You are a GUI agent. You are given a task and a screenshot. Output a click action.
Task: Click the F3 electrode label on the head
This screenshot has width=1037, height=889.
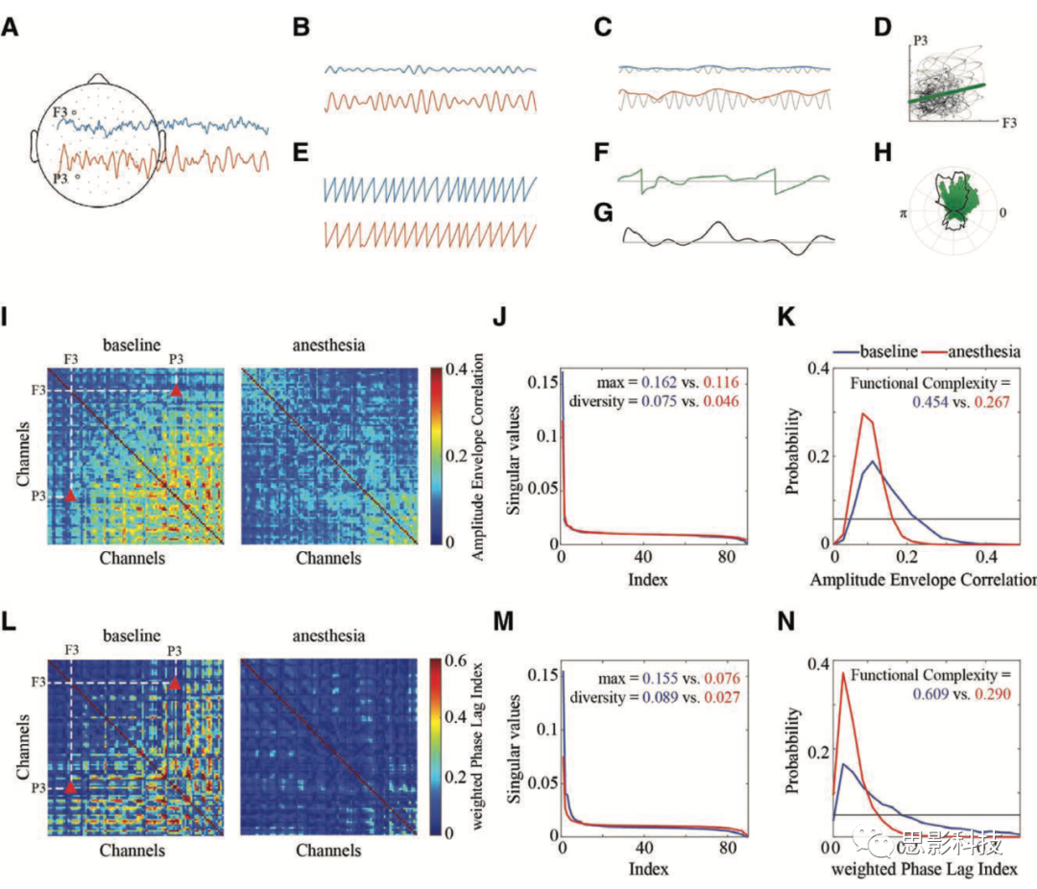tap(60, 112)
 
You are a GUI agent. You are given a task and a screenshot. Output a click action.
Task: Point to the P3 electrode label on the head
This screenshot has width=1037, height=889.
tap(60, 178)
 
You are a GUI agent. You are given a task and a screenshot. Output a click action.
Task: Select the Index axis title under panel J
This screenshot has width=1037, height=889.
tap(641, 580)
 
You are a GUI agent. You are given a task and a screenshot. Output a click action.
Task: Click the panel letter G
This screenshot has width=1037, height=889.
tap(602, 212)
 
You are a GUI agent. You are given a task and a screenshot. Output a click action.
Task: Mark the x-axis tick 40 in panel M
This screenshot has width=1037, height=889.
tap(644, 849)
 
